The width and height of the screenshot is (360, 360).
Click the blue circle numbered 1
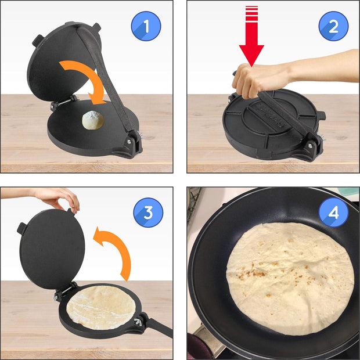coord(146,26)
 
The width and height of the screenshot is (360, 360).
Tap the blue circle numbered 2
coord(333,26)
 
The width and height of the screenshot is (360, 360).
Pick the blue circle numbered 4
coord(333,213)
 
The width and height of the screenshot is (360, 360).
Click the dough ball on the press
coord(93,120)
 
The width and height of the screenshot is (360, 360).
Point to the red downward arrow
coord(251,44)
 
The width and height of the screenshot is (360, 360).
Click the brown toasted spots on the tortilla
coord(255,271)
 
